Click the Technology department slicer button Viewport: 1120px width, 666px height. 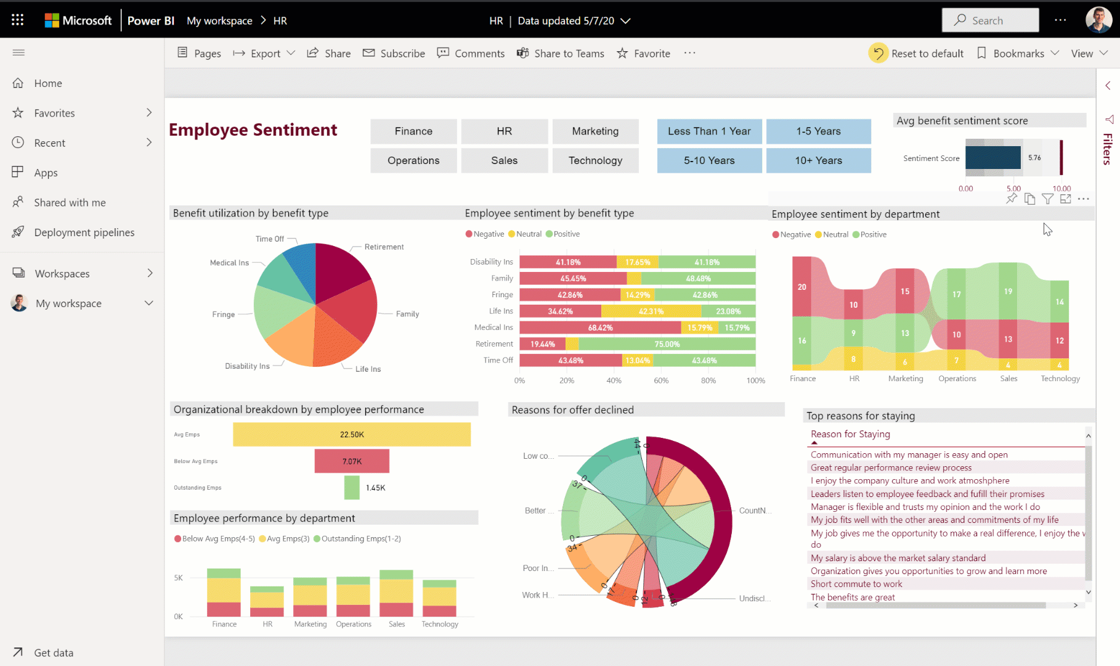point(595,160)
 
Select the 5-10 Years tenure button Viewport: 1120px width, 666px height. point(709,160)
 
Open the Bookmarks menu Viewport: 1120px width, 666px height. point(1018,54)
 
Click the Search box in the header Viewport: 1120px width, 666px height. point(990,20)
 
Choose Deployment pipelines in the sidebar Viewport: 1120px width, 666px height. point(84,232)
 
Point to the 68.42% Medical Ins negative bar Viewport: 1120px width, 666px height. point(600,327)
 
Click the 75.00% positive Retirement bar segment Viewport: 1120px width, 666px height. point(667,344)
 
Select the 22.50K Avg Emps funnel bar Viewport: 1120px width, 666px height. point(352,434)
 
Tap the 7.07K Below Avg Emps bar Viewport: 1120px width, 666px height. point(352,461)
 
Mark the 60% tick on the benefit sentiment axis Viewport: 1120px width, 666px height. point(661,380)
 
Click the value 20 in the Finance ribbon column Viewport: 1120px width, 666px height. point(801,287)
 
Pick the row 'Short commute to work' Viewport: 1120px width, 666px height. point(856,584)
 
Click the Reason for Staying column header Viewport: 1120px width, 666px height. point(850,434)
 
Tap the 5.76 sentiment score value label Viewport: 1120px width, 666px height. point(1034,158)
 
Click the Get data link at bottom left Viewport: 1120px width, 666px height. point(53,652)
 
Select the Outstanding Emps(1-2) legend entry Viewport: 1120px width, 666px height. point(357,538)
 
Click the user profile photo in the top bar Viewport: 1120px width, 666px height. point(1098,20)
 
